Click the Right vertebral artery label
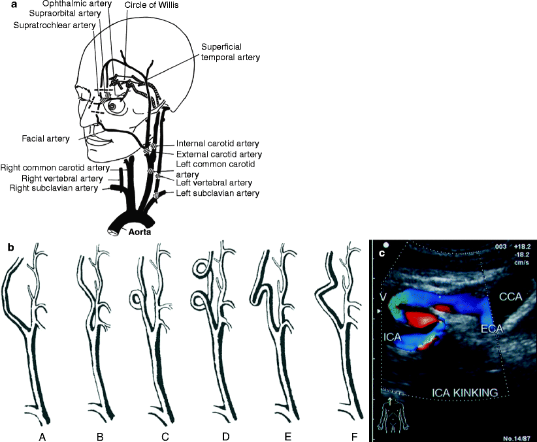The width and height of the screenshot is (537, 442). pyautogui.click(x=63, y=178)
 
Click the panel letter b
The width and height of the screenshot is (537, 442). pyautogui.click(x=10, y=248)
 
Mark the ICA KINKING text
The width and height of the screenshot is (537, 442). pyautogui.click(x=465, y=393)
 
